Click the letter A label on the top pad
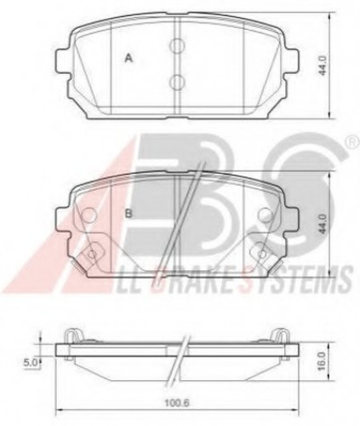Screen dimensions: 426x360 (x=128, y=58)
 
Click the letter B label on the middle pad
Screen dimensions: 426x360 (x=128, y=213)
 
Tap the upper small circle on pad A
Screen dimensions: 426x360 (x=177, y=45)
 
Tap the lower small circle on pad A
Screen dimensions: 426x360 (x=177, y=81)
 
